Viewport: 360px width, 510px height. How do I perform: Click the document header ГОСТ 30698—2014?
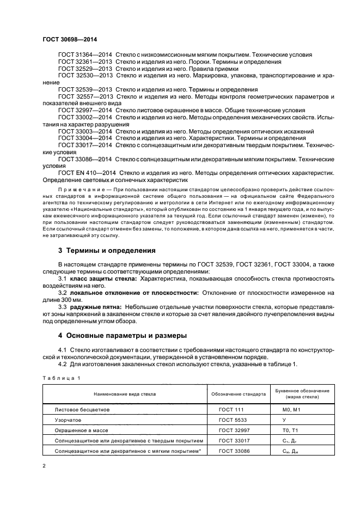pos(66,39)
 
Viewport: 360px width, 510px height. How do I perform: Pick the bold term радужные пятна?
pos(96,307)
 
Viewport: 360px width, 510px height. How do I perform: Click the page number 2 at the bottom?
pos(44,466)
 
